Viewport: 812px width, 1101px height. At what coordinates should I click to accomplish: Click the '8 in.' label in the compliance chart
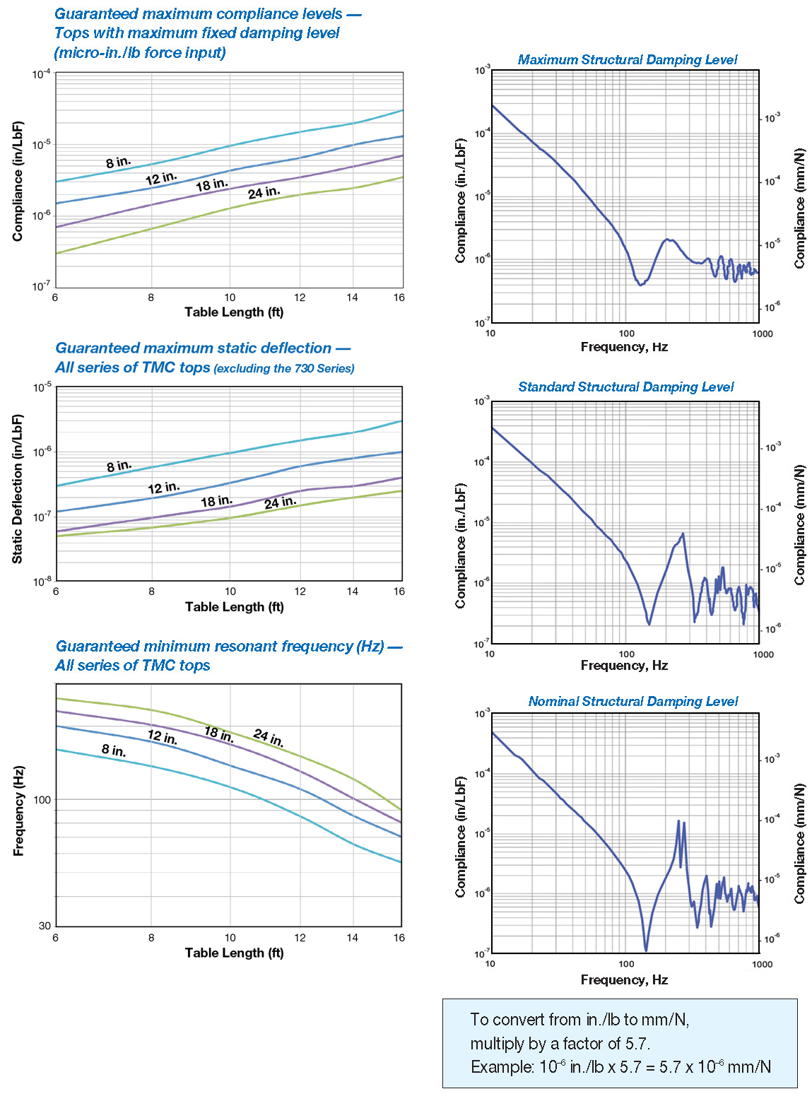click(119, 163)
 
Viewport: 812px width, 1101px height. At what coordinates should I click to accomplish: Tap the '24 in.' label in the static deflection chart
click(281, 502)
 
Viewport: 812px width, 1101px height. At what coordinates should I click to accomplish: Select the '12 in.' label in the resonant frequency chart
click(162, 737)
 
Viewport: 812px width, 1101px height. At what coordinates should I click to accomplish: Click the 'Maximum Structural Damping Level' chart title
click(627, 60)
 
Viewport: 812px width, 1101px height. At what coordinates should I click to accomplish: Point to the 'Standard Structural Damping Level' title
click(625, 387)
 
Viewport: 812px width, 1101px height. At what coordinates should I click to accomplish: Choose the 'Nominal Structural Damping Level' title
click(632, 702)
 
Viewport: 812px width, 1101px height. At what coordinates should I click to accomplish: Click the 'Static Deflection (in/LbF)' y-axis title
click(18, 488)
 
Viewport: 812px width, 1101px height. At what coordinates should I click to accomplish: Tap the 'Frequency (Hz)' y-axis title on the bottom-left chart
click(18, 810)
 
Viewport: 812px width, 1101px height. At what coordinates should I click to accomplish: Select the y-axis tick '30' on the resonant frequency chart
click(45, 926)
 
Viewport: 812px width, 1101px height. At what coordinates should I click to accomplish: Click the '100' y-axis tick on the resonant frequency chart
click(42, 800)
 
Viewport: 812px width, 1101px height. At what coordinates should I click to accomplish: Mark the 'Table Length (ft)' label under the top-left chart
click(234, 312)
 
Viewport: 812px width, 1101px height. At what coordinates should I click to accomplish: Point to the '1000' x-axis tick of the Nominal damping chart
click(763, 964)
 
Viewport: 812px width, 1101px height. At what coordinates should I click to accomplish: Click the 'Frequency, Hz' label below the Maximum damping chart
click(624, 347)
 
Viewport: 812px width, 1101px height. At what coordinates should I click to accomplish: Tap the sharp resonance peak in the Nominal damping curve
click(678, 822)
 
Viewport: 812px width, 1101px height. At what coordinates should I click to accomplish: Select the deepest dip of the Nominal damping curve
click(646, 950)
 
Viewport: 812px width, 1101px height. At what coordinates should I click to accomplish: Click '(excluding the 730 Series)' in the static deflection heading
click(284, 368)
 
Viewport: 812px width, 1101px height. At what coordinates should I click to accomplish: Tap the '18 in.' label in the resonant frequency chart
click(219, 734)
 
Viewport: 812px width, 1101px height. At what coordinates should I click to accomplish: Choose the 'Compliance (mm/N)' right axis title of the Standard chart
click(799, 525)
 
